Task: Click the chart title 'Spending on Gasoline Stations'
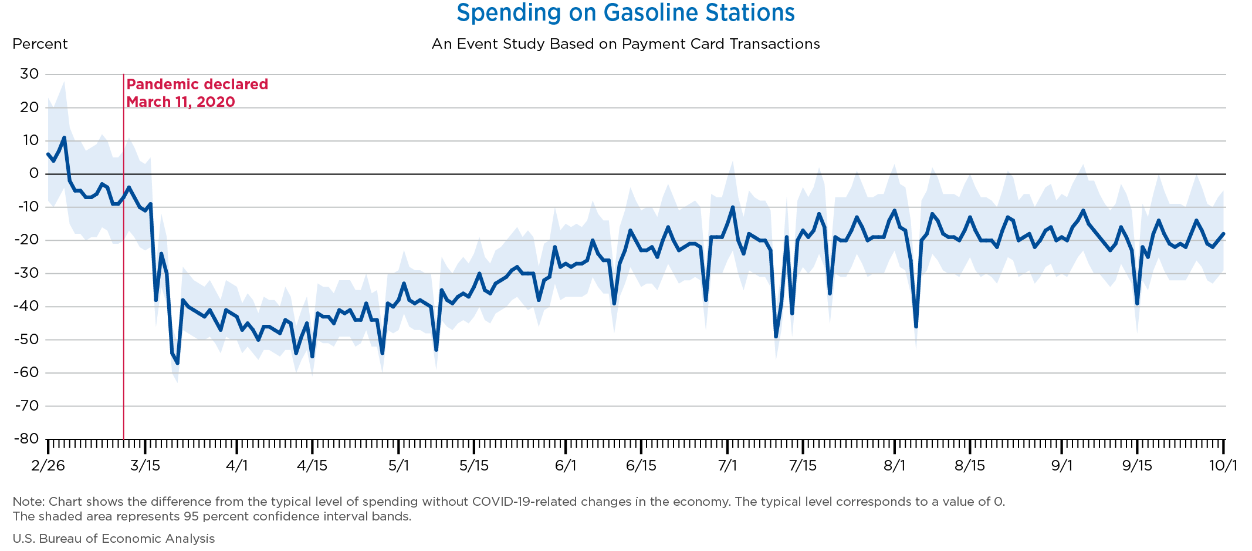coord(625,13)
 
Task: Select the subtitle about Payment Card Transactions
coord(625,44)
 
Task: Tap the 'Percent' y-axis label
coord(40,44)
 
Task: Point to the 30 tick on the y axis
coord(29,74)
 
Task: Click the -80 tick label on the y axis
coord(26,439)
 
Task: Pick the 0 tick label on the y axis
coord(34,173)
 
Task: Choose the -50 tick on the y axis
coord(26,340)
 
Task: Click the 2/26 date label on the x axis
coord(48,466)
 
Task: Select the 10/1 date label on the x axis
coord(1223,466)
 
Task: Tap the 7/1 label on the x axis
coord(727,466)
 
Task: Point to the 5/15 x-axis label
coord(474,466)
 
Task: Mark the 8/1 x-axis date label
coord(895,466)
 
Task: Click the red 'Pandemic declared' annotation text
coord(197,85)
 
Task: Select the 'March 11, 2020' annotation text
coord(181,102)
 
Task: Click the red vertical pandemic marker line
coord(124,257)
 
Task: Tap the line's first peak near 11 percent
coord(64,137)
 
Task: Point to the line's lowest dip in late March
coord(177,363)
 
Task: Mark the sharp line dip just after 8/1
coord(916,327)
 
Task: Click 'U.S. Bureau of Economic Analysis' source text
coord(114,539)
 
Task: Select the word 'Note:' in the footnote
coord(29,502)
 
